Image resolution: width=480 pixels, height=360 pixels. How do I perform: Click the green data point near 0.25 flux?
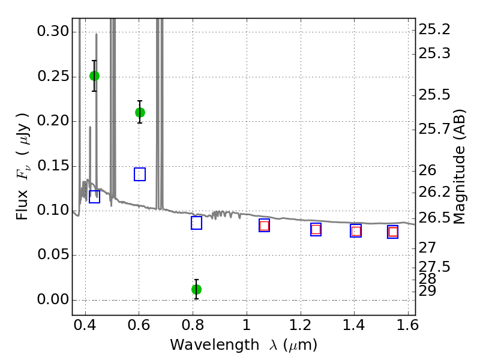94,76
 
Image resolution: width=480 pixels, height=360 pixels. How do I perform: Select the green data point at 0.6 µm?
140,112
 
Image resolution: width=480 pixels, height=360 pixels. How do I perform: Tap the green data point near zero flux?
196,289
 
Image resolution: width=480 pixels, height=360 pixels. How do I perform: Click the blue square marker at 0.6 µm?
140,175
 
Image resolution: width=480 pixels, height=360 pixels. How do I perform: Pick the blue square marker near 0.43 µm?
94,196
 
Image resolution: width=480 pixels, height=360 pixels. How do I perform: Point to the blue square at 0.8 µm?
196,223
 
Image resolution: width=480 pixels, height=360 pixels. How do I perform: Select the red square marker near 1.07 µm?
264,226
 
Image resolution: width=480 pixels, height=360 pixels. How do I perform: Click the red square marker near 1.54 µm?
393,232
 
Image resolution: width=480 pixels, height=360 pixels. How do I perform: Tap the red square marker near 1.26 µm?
316,229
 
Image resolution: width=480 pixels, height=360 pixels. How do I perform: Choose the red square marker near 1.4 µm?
356,231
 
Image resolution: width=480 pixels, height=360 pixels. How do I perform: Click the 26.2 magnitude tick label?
434,192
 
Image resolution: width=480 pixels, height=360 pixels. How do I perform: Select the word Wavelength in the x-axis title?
203,345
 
